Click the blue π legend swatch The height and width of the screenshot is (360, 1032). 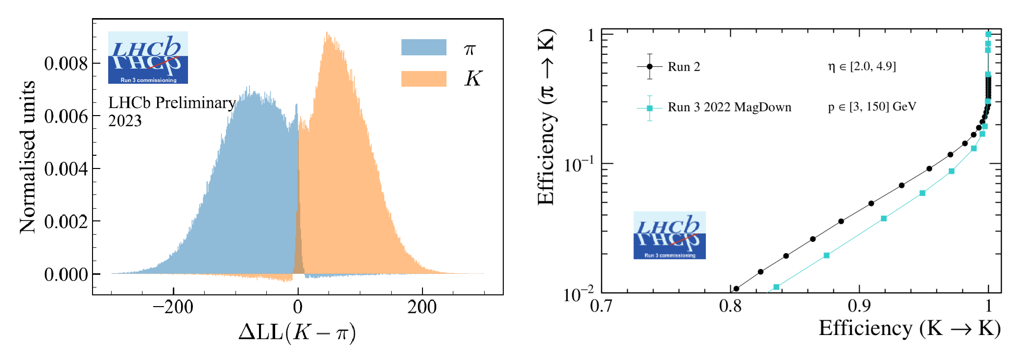click(x=423, y=48)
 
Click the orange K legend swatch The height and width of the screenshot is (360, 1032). click(x=423, y=79)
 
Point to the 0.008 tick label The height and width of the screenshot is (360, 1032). click(x=66, y=64)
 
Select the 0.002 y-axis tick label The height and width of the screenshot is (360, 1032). click(x=66, y=222)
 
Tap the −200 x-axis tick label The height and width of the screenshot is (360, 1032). click(x=173, y=308)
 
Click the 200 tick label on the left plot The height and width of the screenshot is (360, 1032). click(x=422, y=308)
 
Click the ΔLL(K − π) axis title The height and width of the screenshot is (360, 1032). click(x=297, y=333)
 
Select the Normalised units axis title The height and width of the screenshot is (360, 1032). click(x=27, y=157)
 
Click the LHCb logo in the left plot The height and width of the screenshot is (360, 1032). click(x=148, y=58)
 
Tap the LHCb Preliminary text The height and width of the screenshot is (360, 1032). click(x=172, y=103)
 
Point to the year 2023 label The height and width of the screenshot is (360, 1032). click(x=125, y=121)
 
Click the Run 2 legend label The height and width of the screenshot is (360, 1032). click(x=684, y=67)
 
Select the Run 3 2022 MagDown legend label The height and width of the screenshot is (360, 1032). click(x=729, y=108)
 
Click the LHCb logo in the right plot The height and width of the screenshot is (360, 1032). click(x=669, y=235)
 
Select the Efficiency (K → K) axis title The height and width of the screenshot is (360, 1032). click(x=910, y=329)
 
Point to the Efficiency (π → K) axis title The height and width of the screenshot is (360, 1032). click(x=546, y=118)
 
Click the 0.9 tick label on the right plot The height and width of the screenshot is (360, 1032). click(x=859, y=307)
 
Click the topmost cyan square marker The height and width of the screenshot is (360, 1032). click(x=988, y=34)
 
